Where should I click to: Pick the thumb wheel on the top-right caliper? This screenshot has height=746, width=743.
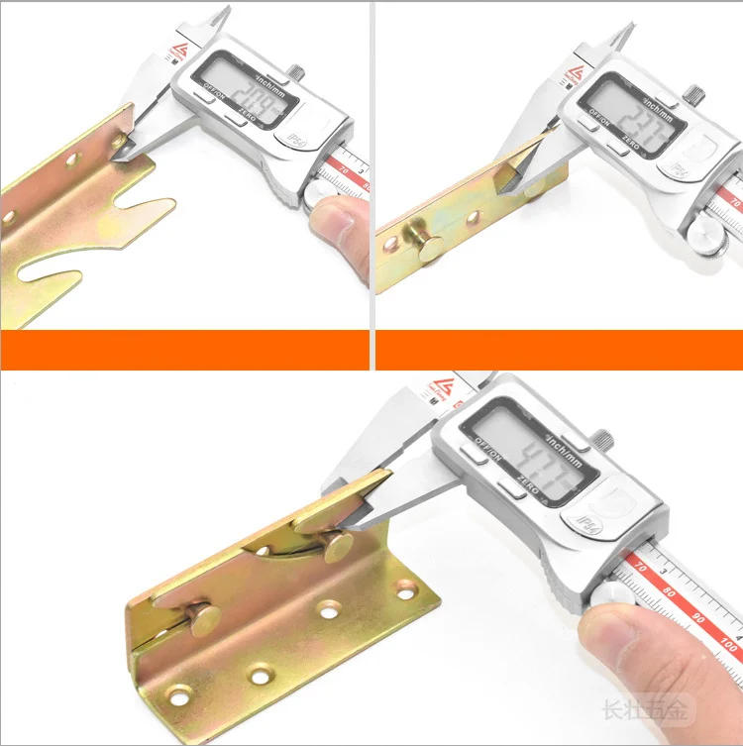pyautogui.click(x=712, y=234)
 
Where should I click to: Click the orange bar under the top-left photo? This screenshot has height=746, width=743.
pyautogui.click(x=183, y=350)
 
